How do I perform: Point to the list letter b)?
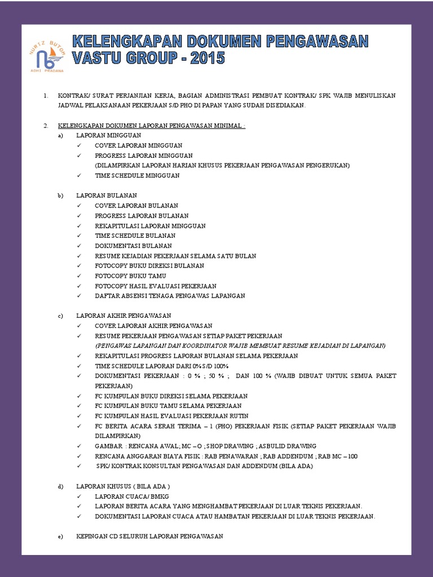[60, 196]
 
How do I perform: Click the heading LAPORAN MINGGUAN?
[108, 135]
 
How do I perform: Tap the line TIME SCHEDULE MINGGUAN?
[137, 176]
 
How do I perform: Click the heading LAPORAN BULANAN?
[107, 196]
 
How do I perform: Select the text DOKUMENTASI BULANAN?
[133, 246]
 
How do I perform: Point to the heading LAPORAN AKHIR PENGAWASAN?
[123, 316]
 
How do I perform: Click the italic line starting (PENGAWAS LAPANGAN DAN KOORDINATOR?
[240, 345]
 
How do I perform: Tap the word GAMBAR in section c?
[107, 446]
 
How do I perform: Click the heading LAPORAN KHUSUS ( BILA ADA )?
[123, 486]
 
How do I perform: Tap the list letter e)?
[60, 536]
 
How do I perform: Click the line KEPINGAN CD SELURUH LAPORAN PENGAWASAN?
[149, 536]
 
